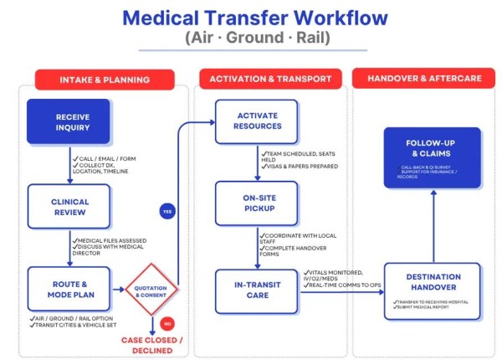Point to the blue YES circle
coord(167,212)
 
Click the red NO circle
coord(166,322)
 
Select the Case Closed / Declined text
coord(152,344)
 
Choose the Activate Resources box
coord(256,121)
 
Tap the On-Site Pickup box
coord(256,202)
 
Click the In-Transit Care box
coord(256,289)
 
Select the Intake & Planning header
coord(105,80)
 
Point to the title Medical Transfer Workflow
coord(255,18)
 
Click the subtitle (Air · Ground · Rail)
coord(255,39)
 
